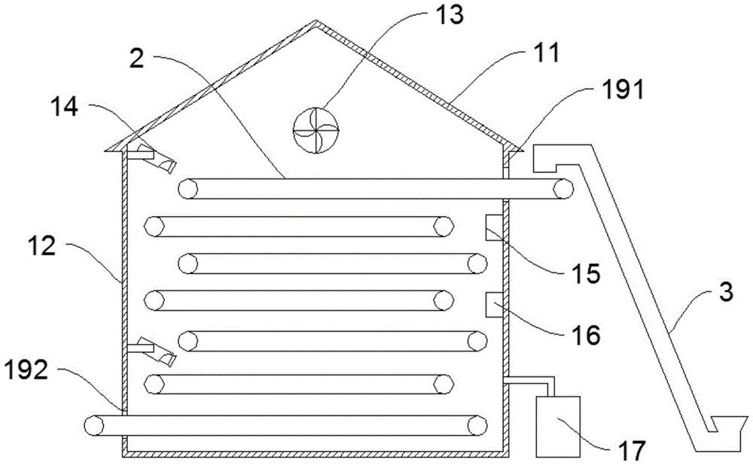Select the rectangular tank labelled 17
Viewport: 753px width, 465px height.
[x=558, y=425]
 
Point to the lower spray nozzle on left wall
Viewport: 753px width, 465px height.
[x=154, y=351]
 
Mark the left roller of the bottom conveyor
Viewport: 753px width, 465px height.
[x=96, y=425]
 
